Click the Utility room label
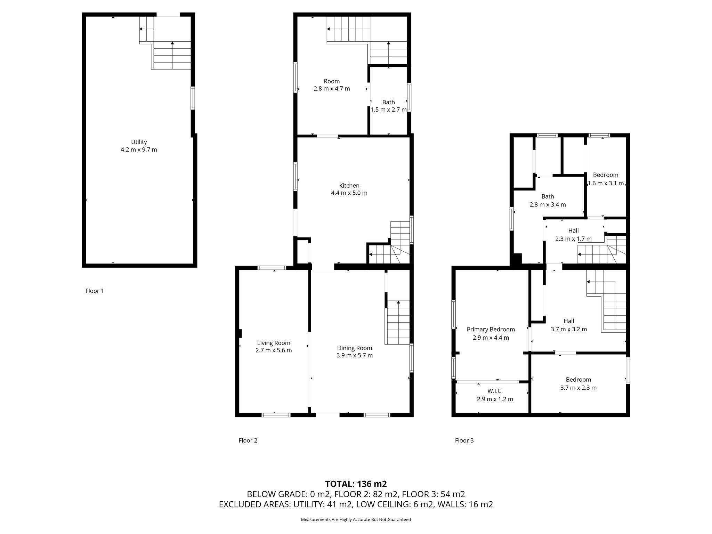pos(139,142)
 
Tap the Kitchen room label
pos(349,185)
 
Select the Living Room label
pos(274,343)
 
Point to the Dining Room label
pos(355,348)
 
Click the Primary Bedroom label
pos(491,329)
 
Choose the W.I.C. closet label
pos(495,391)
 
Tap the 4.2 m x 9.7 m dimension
pos(139,150)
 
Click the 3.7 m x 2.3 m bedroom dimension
pos(578,388)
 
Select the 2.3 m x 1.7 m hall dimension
pos(574,239)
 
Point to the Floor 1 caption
pos(95,291)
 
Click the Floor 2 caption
pos(248,440)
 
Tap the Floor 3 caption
pos(464,440)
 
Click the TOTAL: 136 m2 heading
pos(356,484)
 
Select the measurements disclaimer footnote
pos(356,519)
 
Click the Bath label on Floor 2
pos(389,102)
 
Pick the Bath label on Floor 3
pos(548,196)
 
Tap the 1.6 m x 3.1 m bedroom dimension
pos(606,183)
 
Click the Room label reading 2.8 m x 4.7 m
pos(332,85)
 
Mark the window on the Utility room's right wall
pos(193,98)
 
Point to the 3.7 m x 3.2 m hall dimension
pos(569,329)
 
